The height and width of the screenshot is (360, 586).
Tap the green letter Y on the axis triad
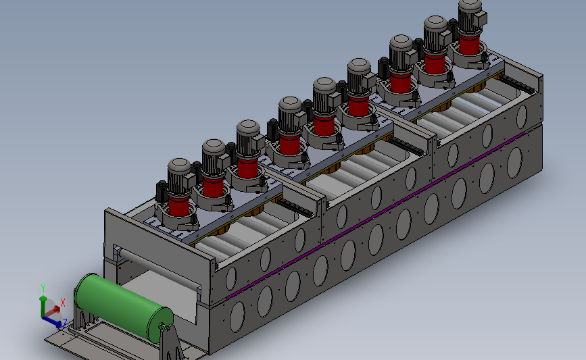coord(43,288)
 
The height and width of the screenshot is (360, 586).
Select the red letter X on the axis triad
coord(63,303)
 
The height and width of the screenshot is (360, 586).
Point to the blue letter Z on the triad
coord(65,323)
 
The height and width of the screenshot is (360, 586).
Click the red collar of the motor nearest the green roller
coord(178,206)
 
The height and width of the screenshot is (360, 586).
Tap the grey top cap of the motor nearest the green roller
coord(179,165)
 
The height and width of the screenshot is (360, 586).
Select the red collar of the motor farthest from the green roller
coord(469,44)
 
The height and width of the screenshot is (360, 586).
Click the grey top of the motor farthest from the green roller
coord(470,5)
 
